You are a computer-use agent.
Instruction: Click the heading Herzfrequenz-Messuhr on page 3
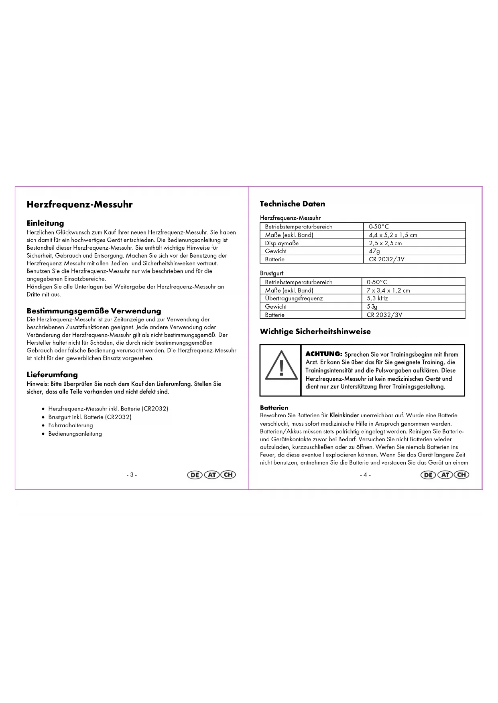click(x=79, y=204)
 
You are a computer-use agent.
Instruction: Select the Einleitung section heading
click(x=45, y=223)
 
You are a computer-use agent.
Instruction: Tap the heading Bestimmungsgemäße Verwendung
click(x=94, y=311)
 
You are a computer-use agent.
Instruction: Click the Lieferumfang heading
click(x=52, y=375)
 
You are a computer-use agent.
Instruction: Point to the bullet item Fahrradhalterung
click(x=71, y=425)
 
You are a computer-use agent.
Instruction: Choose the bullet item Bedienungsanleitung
click(x=75, y=434)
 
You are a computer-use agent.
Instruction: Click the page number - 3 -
click(x=132, y=475)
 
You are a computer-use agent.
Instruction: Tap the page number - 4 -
click(x=365, y=475)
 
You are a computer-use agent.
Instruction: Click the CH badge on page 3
click(x=228, y=475)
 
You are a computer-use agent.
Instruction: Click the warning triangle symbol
click(x=281, y=366)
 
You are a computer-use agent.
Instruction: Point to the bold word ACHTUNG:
click(x=324, y=354)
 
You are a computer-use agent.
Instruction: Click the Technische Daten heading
click(x=293, y=204)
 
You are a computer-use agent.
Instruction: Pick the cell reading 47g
click(x=374, y=251)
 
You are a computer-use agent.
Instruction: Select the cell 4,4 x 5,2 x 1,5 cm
click(x=393, y=235)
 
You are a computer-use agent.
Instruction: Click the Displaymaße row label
click(x=282, y=243)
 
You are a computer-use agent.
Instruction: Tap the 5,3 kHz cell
click(x=377, y=299)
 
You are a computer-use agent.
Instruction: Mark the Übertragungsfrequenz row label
click(x=294, y=299)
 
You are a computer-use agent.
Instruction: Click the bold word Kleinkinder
click(x=344, y=416)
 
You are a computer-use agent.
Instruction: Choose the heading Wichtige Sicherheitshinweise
click(x=315, y=331)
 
